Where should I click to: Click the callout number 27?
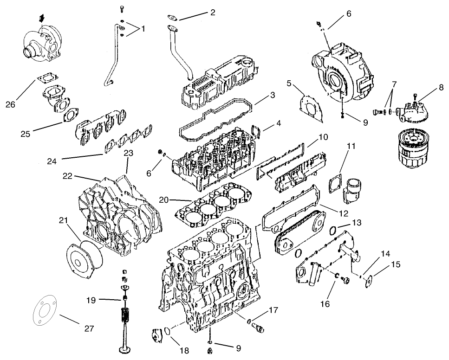[89, 328]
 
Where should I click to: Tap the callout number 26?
[11, 104]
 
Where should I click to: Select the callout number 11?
[351, 146]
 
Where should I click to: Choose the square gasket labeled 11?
[335, 185]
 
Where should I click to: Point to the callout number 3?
[273, 95]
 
